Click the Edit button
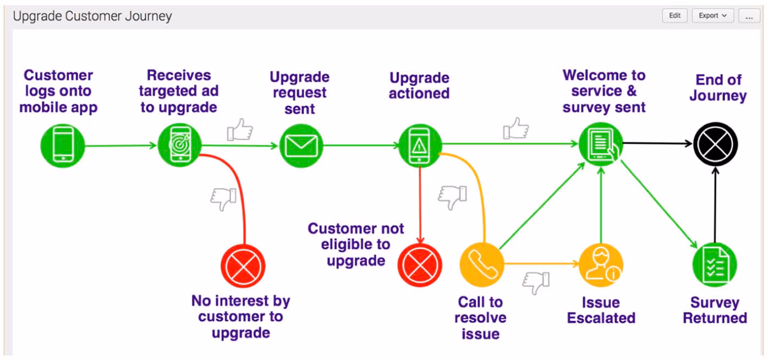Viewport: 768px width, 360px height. (x=674, y=16)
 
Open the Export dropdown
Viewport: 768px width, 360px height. (x=712, y=16)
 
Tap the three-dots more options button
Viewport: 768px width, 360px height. (x=749, y=16)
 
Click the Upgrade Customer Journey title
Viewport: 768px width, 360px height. (x=92, y=16)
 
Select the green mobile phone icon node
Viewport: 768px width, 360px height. (x=63, y=146)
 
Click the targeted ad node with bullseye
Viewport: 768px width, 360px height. (x=179, y=146)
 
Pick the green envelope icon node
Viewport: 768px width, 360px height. (x=301, y=146)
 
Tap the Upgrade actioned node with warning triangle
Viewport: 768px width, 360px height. (x=420, y=146)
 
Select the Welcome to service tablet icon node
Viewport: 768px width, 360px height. (x=601, y=144)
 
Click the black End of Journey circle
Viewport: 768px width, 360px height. (x=715, y=144)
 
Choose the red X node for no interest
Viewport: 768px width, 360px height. (x=243, y=265)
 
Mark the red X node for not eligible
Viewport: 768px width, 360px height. (x=420, y=265)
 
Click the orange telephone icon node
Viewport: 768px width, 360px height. (x=482, y=264)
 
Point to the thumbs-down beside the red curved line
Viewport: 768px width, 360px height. (x=223, y=199)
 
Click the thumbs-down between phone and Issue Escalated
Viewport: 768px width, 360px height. (x=536, y=282)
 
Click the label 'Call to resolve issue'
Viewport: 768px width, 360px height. (x=480, y=318)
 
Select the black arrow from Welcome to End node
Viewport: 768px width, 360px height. (x=657, y=143)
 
